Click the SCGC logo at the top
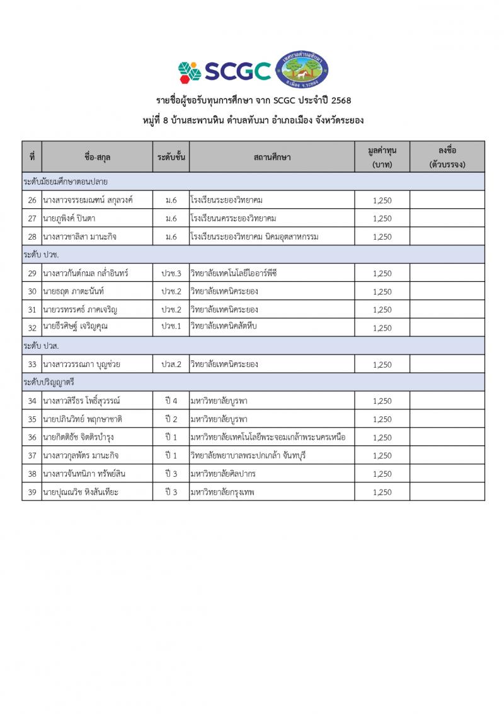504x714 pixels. coord(224,71)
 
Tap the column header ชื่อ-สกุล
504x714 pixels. coord(97,156)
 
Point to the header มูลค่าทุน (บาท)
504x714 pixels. coord(382,156)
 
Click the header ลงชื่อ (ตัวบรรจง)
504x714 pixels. coord(447,156)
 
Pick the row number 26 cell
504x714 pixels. coord(31,200)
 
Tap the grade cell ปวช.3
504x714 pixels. coord(171,273)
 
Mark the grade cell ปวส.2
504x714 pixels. coord(171,365)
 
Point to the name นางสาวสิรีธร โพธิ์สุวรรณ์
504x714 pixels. coord(82,401)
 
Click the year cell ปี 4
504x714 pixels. coord(171,401)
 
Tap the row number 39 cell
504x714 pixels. coord(31,492)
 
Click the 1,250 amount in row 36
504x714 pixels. coord(382,437)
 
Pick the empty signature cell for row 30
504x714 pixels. coord(447,291)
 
